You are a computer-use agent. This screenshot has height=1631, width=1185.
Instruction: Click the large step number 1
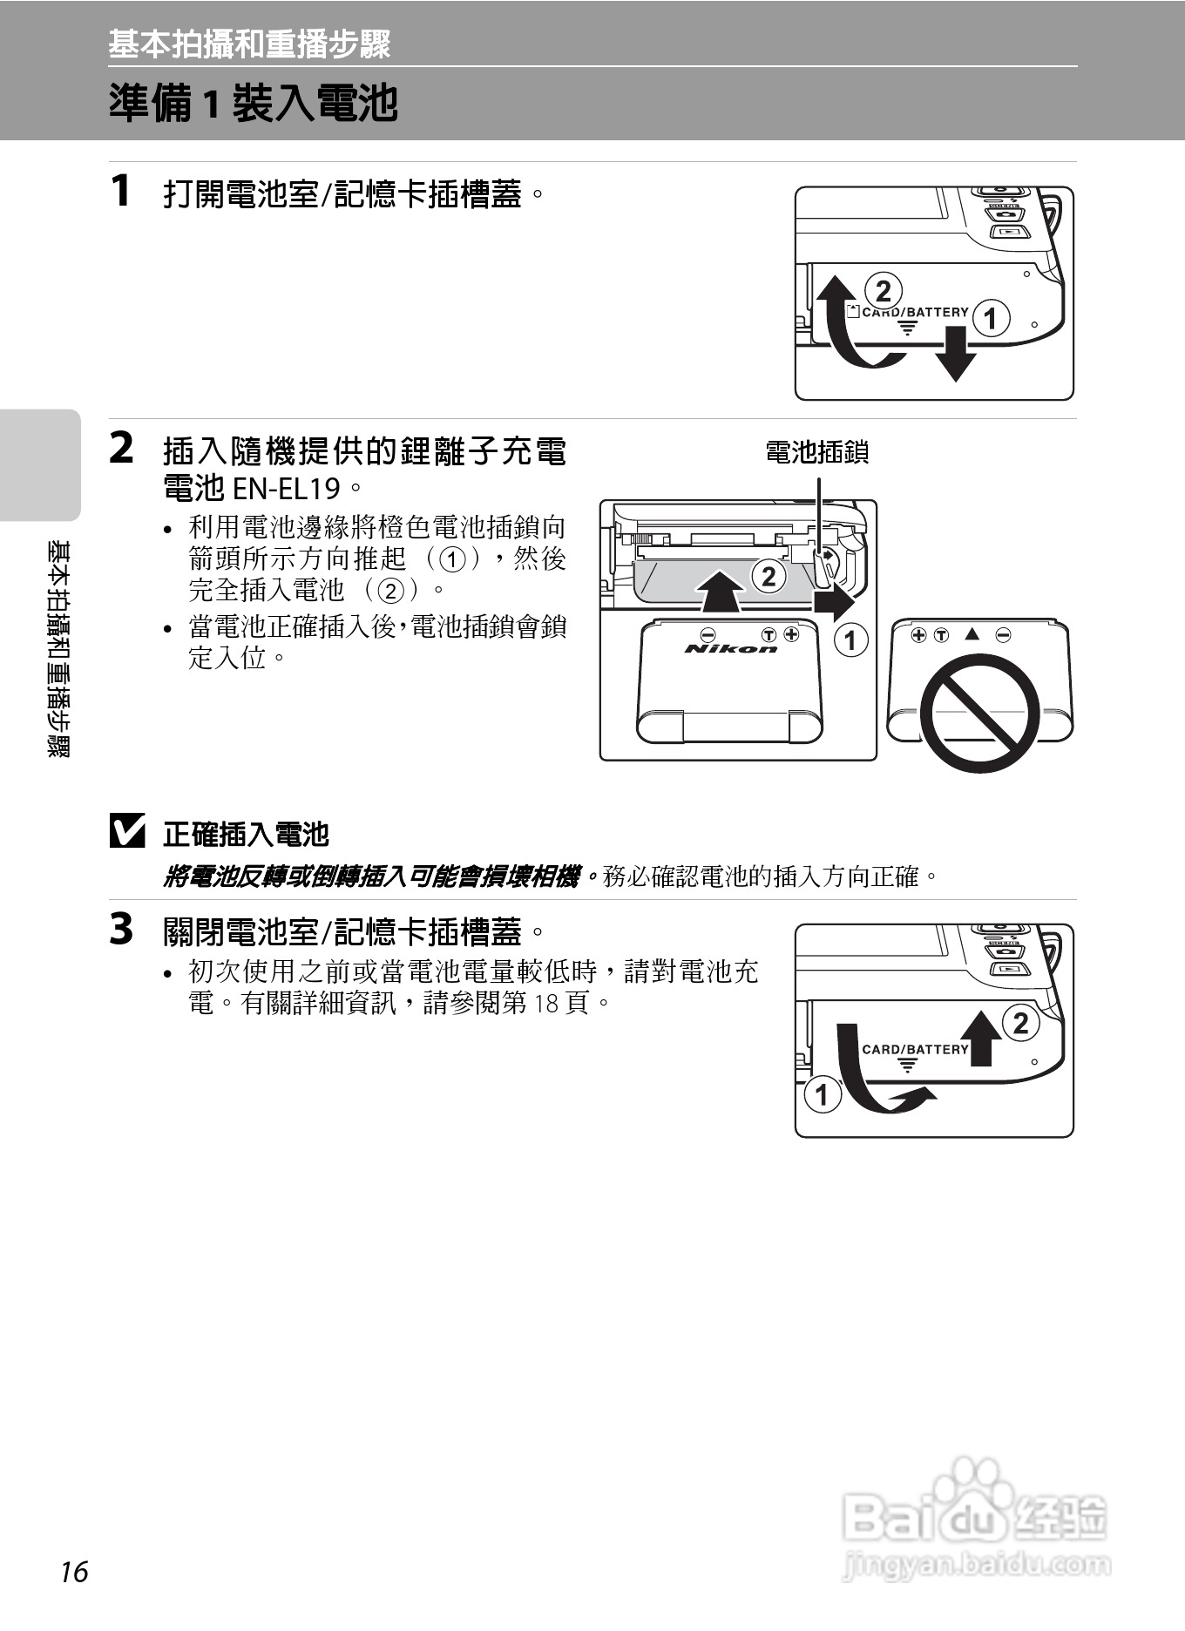click(x=121, y=191)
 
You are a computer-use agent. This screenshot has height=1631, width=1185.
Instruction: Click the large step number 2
click(x=121, y=449)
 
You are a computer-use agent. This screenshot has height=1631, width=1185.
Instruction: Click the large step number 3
click(x=121, y=929)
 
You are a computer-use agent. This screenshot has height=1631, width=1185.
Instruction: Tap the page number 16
click(x=74, y=1572)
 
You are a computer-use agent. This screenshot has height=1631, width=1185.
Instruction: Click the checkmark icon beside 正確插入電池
click(x=127, y=831)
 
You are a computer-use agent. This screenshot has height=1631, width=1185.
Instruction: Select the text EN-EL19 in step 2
click(x=286, y=489)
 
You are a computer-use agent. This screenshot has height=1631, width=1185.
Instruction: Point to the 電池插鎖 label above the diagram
click(x=816, y=452)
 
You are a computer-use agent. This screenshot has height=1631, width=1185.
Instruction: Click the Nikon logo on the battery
click(x=730, y=648)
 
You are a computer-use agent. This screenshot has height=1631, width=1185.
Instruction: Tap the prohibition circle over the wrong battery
click(x=980, y=712)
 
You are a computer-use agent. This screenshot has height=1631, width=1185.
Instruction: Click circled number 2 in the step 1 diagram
click(x=883, y=290)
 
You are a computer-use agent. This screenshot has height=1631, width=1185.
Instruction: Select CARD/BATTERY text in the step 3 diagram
click(x=915, y=1049)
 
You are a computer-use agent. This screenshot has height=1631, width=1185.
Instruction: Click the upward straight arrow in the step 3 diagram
click(x=982, y=1038)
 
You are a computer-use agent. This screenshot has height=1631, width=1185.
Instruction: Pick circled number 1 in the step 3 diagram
click(x=822, y=1093)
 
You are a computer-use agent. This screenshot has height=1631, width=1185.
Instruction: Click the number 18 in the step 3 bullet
click(x=545, y=1004)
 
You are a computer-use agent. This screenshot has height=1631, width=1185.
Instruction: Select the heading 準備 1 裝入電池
click(x=253, y=104)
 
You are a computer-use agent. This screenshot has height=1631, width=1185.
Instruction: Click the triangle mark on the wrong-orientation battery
click(x=972, y=634)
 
